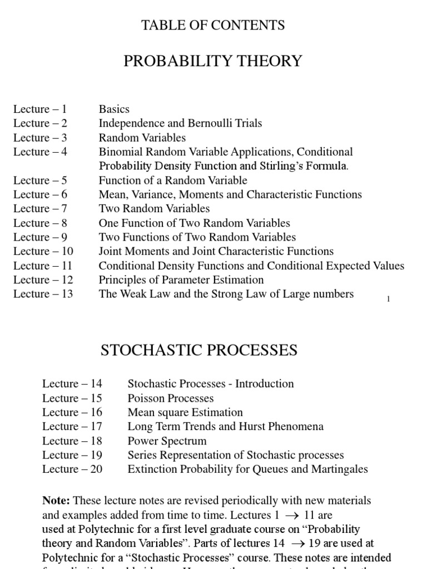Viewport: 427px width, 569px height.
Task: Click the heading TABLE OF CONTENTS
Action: click(213, 25)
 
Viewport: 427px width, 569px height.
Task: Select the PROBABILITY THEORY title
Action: click(213, 61)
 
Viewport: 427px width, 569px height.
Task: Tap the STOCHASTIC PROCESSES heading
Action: click(198, 350)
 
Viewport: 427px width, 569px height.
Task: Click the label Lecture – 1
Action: click(40, 109)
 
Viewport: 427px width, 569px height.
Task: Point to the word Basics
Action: click(114, 109)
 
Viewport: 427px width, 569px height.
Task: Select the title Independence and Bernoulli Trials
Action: click(180, 123)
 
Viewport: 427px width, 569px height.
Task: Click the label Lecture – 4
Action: click(40, 152)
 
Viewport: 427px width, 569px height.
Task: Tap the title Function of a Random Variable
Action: click(173, 181)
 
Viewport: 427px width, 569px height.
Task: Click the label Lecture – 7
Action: click(40, 209)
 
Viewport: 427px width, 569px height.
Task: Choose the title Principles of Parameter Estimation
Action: click(181, 280)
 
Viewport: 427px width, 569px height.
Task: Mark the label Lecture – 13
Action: click(43, 294)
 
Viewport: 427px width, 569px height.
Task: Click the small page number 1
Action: click(388, 300)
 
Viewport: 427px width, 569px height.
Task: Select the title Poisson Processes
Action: click(171, 398)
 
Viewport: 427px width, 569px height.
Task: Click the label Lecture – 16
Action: click(72, 412)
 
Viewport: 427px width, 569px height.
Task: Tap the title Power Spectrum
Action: click(167, 441)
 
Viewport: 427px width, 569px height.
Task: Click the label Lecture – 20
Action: click(72, 470)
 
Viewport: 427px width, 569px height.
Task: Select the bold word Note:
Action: click(56, 501)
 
